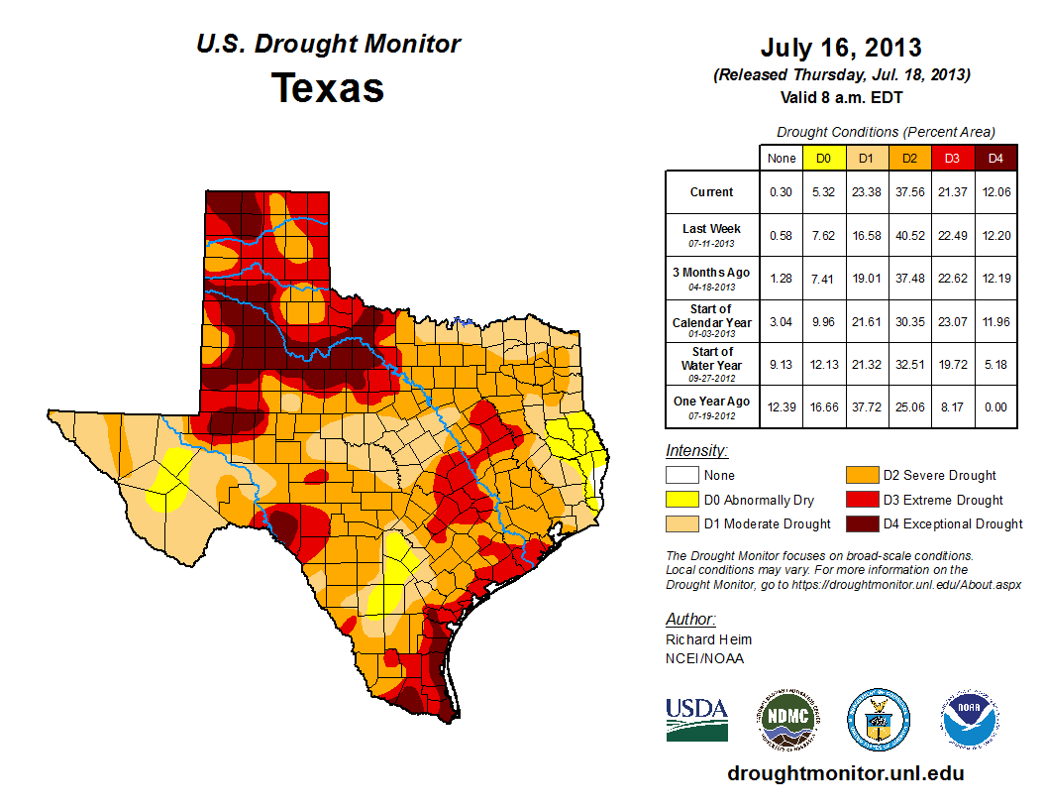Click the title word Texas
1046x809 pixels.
coord(328,88)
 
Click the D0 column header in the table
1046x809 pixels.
coord(823,158)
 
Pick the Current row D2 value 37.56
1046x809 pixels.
coord(909,192)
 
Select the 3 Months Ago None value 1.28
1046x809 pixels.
coord(780,278)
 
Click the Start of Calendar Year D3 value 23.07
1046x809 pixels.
coord(952,321)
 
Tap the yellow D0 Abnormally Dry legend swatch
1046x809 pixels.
coord(680,500)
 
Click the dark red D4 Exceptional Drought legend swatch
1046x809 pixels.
coord(860,523)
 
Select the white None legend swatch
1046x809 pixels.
coord(680,476)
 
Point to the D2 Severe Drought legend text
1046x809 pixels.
coord(940,476)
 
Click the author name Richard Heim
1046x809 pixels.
coord(708,639)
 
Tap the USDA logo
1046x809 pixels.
coord(697,719)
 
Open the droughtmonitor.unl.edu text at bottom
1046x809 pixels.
coord(845,773)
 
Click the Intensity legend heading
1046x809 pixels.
coord(696,451)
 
